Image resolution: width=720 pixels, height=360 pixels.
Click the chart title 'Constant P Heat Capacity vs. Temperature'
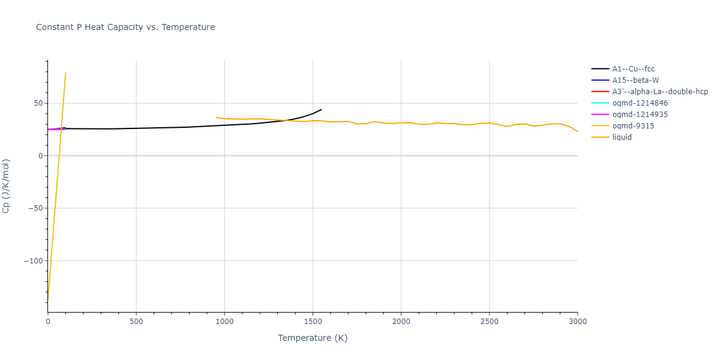click(x=125, y=27)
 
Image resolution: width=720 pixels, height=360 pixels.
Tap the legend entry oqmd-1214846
click(x=640, y=103)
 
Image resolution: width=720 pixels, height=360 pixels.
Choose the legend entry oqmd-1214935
click(x=640, y=115)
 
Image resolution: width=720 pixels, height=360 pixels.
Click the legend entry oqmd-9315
click(x=633, y=126)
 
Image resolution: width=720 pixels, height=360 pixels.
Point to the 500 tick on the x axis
click(x=136, y=322)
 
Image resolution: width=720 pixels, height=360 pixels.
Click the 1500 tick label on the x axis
click(x=313, y=322)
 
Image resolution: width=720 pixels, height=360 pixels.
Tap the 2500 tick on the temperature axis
click(x=489, y=322)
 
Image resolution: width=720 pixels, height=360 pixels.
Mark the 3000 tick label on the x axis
click(x=577, y=322)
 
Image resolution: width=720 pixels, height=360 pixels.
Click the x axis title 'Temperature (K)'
click(x=313, y=338)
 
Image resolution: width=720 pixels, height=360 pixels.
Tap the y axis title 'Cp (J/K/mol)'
click(x=7, y=186)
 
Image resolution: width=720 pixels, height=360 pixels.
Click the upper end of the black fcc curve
click(x=322, y=109)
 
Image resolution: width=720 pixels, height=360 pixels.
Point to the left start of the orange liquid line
click(x=216, y=118)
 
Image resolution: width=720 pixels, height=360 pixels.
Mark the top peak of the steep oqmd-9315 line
click(x=65, y=73)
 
